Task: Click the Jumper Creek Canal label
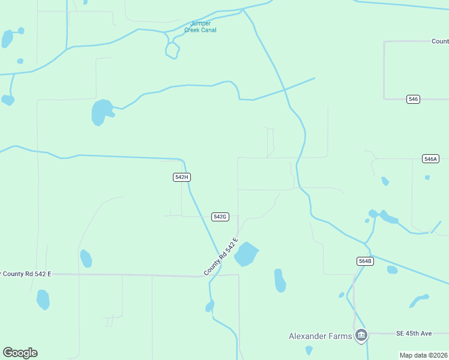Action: [x=200, y=27]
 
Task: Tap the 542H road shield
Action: [x=182, y=177]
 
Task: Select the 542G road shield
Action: [x=220, y=217]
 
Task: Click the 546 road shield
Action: [x=412, y=99]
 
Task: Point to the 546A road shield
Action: [x=430, y=159]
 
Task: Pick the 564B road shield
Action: [x=365, y=261]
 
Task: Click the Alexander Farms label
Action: [x=320, y=336]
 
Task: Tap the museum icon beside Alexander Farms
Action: [x=361, y=335]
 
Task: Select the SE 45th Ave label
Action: [x=414, y=334]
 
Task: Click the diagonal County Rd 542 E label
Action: [x=221, y=257]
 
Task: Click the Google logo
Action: [x=20, y=353]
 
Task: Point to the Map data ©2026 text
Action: [x=423, y=355]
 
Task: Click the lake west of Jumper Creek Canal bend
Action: [x=101, y=112]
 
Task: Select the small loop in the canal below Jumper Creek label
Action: [x=172, y=50]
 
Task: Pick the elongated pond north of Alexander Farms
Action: [x=280, y=280]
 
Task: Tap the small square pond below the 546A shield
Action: [x=427, y=178]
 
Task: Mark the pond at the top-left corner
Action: [x=7, y=38]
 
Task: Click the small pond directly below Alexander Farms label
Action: [x=309, y=350]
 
